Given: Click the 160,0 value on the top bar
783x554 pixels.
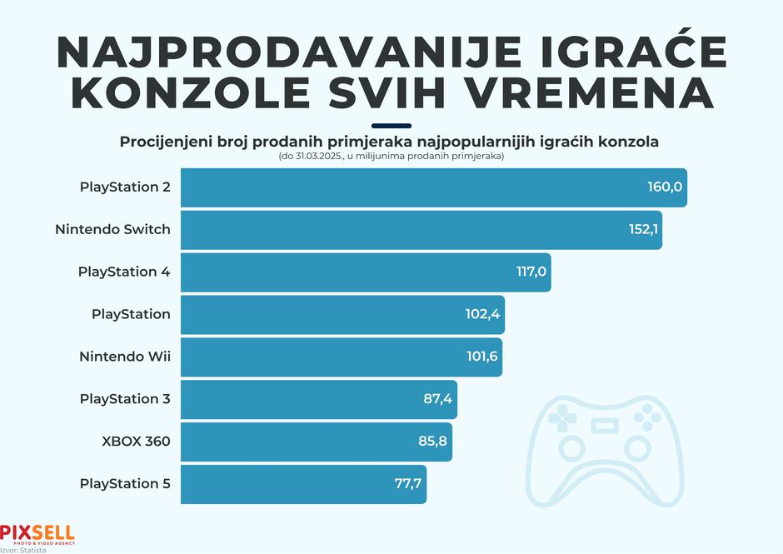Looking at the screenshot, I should coord(665,187).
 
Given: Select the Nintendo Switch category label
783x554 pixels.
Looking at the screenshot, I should coord(112,229).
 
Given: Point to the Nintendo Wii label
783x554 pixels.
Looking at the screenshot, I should coord(125,357).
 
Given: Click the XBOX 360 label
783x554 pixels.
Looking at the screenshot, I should coord(137,442).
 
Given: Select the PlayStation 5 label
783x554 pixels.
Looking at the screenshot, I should coord(125,484).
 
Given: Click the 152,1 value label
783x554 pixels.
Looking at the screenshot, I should coord(644,229).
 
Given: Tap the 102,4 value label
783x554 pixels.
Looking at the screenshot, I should coord(482,314).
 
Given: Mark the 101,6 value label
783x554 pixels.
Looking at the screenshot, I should coord(481,357).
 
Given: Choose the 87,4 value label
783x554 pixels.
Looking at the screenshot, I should coord(437,399).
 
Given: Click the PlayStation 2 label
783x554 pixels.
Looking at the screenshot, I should coord(125,187).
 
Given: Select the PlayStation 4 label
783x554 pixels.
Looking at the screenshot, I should coord(124,272).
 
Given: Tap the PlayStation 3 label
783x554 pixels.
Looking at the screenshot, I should coord(125,399).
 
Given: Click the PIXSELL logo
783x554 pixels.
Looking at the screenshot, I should coord(37,533).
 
